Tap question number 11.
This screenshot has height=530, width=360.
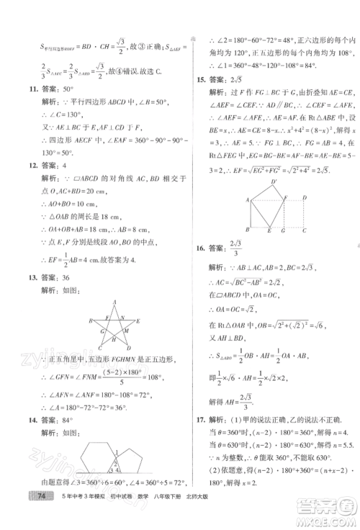[27, 93]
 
